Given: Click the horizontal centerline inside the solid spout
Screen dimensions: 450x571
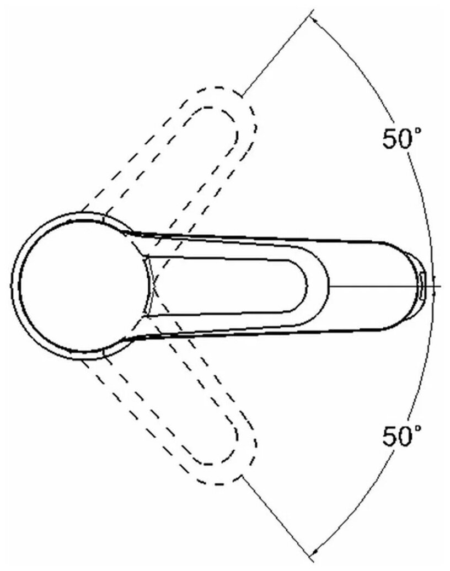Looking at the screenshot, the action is coord(375,286).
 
